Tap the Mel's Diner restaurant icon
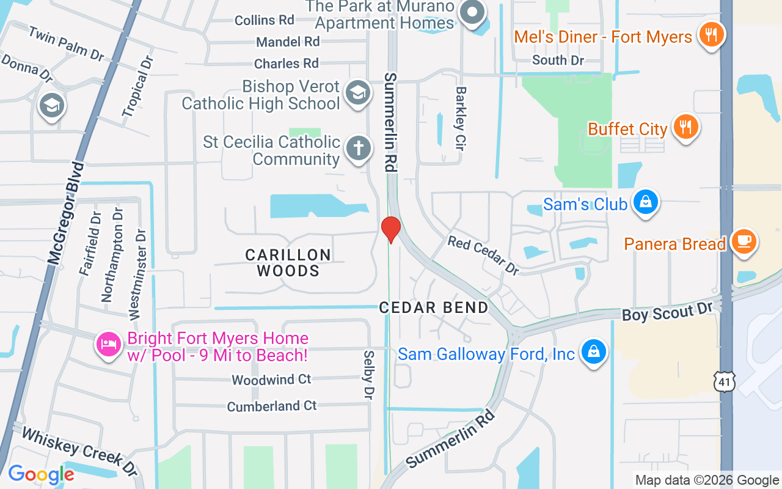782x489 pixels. (710, 34)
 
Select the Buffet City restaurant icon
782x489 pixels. (686, 127)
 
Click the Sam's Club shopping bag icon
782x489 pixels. (645, 202)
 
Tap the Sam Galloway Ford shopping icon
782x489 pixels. (593, 352)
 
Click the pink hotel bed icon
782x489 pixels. (109, 345)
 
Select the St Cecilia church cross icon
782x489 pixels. (358, 149)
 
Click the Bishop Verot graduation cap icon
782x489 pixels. (354, 93)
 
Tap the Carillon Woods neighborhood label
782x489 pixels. (288, 263)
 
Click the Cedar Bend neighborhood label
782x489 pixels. (434, 307)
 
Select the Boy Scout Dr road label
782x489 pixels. (668, 312)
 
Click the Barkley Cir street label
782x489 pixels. (461, 118)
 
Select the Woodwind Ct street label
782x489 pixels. (271, 380)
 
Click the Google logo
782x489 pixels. (41, 474)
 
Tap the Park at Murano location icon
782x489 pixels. (472, 12)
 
